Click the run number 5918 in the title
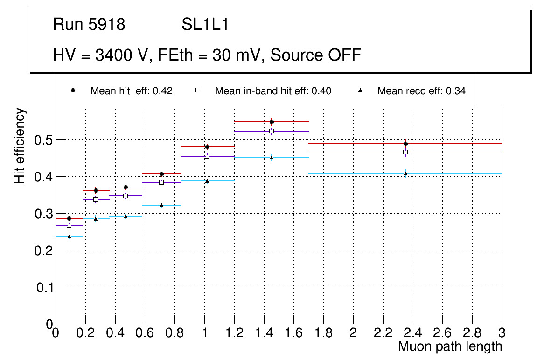click(x=107, y=25)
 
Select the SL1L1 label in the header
click(x=205, y=25)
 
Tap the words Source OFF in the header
click(x=316, y=55)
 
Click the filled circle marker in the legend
click(x=73, y=90)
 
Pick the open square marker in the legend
click(x=197, y=90)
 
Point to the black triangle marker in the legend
click(x=360, y=90)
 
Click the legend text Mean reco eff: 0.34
click(x=421, y=91)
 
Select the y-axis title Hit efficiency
click(x=20, y=145)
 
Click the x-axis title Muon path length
click(x=450, y=346)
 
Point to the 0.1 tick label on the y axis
click(x=44, y=287)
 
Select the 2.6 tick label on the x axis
click(x=442, y=333)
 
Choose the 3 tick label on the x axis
click(x=502, y=333)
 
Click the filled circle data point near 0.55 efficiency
click(x=272, y=122)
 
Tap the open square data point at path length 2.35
click(x=405, y=152)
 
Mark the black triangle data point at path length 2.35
click(x=405, y=173)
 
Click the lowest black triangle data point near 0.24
click(x=69, y=236)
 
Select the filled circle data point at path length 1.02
click(x=207, y=147)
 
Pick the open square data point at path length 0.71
click(x=161, y=182)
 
